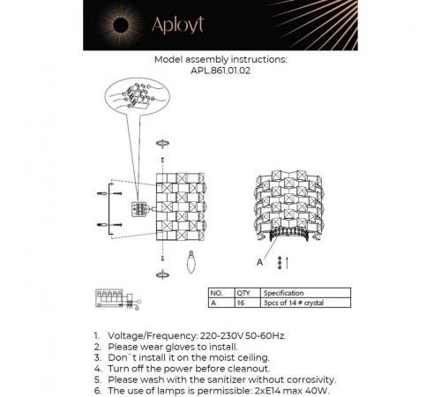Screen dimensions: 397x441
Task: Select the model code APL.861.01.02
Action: pyautogui.click(x=220, y=72)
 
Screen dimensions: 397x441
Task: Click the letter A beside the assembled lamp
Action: pyautogui.click(x=258, y=262)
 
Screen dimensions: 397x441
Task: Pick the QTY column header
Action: pyautogui.click(x=244, y=291)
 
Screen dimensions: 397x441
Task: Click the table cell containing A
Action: pyautogui.click(x=212, y=302)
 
